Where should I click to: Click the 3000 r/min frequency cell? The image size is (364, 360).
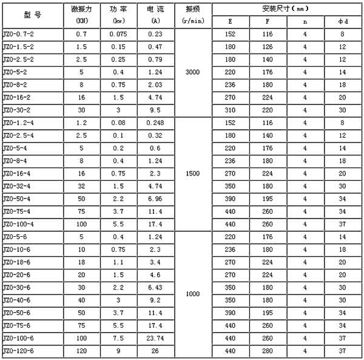pyautogui.click(x=193, y=72)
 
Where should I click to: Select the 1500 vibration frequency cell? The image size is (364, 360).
pyautogui.click(x=193, y=172)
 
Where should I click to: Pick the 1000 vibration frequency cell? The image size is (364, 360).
pyautogui.click(x=193, y=294)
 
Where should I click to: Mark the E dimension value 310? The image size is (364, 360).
pyautogui.click(x=230, y=110)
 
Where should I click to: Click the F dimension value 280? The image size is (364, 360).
pyautogui.click(x=268, y=351)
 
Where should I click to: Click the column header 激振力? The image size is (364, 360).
pyautogui.click(x=81, y=10)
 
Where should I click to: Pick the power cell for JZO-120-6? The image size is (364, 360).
pyautogui.click(x=118, y=351)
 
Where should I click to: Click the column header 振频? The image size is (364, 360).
pyautogui.click(x=193, y=10)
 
